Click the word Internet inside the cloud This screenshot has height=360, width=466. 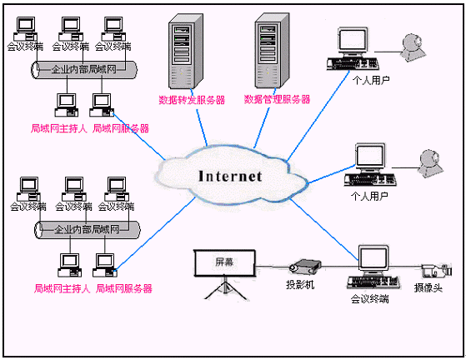coord(230,176)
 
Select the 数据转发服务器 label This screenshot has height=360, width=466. coord(192,100)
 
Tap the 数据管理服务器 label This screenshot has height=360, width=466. coord(277,99)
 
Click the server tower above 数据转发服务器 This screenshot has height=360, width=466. coord(186,51)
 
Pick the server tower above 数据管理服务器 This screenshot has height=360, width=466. coord(272,51)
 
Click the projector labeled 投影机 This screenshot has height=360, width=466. coord(305,266)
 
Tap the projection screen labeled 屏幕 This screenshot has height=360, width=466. coord(225,263)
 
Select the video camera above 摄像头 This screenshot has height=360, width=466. coord(437,270)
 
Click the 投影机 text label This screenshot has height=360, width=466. coord(300,284)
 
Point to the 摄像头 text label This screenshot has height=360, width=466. coord(428,287)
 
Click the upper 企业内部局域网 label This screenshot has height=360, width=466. coord(84,69)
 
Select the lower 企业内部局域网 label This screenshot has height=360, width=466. coord(87,229)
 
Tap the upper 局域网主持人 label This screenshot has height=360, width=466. coord(59,128)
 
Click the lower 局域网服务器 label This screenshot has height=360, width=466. coord(124,288)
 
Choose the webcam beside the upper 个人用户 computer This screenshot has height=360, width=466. coord(413,47)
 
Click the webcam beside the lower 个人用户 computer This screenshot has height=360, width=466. coord(431,163)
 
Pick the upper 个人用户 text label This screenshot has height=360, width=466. coord(371,80)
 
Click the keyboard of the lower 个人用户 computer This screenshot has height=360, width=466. coord(370,180)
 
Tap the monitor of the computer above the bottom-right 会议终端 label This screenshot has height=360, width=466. coord(373,258)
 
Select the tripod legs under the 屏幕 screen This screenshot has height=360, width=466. coord(225,288)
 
